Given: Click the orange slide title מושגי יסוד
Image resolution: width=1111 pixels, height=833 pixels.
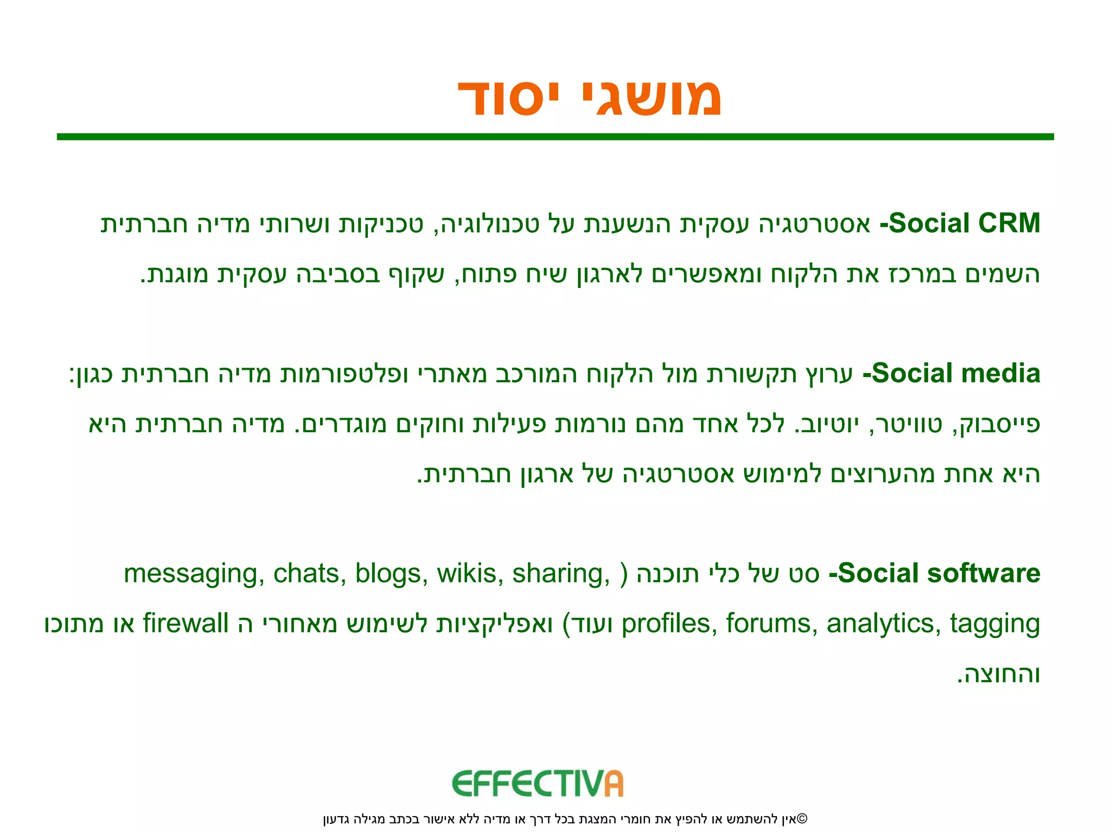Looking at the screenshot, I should [x=590, y=98].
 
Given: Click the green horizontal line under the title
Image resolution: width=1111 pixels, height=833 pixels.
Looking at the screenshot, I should [x=555, y=137].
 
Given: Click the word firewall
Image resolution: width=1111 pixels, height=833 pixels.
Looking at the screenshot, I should [x=186, y=624].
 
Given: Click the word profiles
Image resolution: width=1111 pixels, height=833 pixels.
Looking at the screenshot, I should [x=665, y=624].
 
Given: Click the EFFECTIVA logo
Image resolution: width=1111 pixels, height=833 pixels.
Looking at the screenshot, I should [x=538, y=784].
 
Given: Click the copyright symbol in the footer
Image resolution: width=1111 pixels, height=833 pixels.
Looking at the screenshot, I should [x=802, y=818].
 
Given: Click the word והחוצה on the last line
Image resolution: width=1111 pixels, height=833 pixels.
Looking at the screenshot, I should [x=999, y=674].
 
